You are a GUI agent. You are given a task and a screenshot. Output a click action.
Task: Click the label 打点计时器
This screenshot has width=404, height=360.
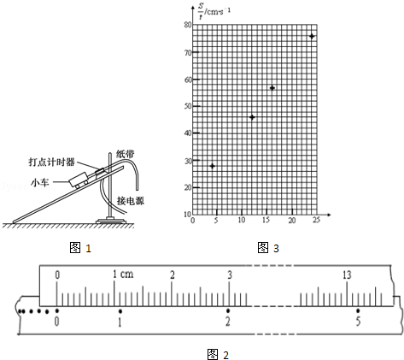pos(51,162)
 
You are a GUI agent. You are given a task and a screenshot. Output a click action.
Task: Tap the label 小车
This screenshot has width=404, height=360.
pos(40,182)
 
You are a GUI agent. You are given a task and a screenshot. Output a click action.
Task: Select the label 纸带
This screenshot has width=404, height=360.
pos(125,154)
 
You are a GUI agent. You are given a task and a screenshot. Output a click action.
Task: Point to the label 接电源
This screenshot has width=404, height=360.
pos(131,201)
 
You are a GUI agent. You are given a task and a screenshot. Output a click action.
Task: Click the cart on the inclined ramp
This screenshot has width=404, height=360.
pos(79,180)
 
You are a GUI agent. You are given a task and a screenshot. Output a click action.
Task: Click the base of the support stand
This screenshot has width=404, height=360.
pos(111,221)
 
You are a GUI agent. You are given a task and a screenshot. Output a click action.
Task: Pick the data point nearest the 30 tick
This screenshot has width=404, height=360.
pos(212,166)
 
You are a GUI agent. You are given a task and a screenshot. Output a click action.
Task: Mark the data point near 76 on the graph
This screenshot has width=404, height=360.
pos(312,36)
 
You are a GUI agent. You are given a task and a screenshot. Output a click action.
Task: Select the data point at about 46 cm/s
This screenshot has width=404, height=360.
pos(252,117)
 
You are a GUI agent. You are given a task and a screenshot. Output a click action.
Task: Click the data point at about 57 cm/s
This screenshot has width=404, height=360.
pos(272,88)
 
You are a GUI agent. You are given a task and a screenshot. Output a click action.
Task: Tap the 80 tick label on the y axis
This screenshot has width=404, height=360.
pos(188,25)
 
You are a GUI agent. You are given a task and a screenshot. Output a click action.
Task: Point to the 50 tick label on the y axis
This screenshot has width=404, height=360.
pos(188,106)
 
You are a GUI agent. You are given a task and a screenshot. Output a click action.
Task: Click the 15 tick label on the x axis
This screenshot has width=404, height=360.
pos(266,220)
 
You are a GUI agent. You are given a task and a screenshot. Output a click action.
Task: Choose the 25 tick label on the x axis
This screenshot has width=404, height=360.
pos(316,220)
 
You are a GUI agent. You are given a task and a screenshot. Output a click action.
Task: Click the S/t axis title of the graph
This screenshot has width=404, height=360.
pos(214,12)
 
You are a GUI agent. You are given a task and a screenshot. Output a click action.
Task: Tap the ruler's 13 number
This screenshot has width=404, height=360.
pos(347,275)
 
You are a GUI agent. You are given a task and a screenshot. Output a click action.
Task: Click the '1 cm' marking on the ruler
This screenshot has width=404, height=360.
pos(123,274)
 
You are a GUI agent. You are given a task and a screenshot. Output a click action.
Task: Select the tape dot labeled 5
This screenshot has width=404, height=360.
pos(358,310)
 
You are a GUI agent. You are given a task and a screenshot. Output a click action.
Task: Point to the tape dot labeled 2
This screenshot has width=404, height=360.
pos(228,310)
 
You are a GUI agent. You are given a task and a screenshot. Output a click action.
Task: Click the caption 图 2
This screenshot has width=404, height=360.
pos(218,355)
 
